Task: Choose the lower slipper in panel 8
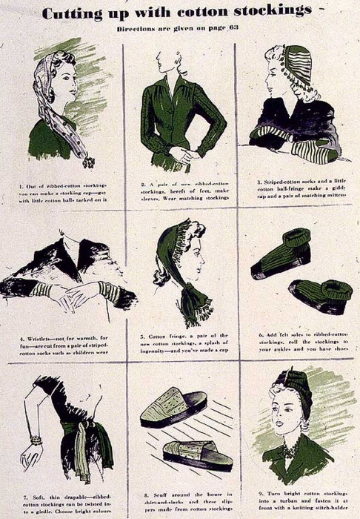coord(198,454)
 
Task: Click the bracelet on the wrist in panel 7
coord(35,440)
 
